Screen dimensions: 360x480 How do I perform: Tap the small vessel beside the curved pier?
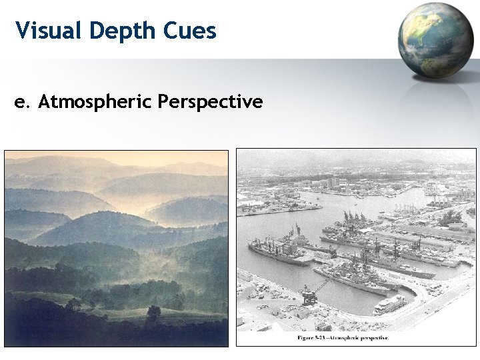(390, 304)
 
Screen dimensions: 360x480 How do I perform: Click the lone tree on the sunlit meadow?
(153, 311)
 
